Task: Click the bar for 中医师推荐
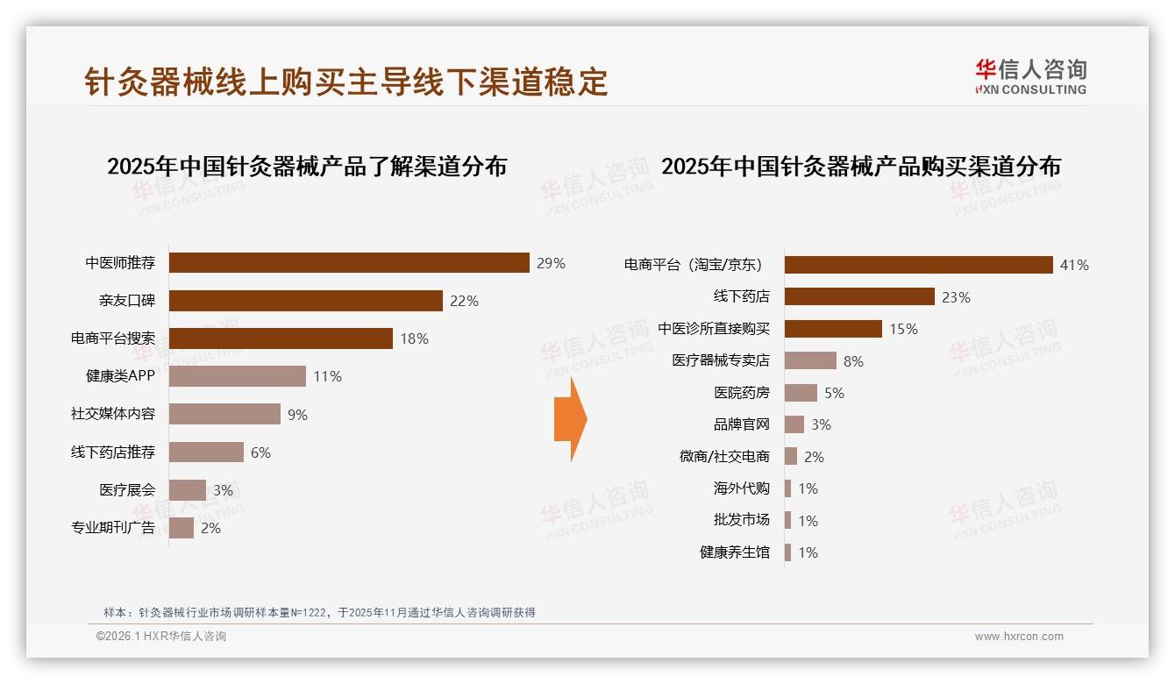pyautogui.click(x=349, y=263)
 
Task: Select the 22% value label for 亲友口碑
pyautogui.click(x=464, y=302)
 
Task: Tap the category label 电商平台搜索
pyautogui.click(x=113, y=338)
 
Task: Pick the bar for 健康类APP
pyautogui.click(x=237, y=376)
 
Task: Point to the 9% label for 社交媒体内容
pyautogui.click(x=298, y=415)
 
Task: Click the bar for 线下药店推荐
pyautogui.click(x=206, y=452)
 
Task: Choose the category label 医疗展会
pyautogui.click(x=127, y=490)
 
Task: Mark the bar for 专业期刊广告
pyautogui.click(x=182, y=528)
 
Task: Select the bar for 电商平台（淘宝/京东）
pyautogui.click(x=918, y=265)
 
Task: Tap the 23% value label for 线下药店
pyautogui.click(x=956, y=297)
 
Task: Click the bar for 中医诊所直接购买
pyautogui.click(x=833, y=329)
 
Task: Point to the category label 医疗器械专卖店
pyautogui.click(x=721, y=360)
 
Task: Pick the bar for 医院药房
pyautogui.click(x=801, y=393)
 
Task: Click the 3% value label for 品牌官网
pyautogui.click(x=821, y=425)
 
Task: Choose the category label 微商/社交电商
pyautogui.click(x=724, y=457)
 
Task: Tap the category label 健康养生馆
pyautogui.click(x=735, y=552)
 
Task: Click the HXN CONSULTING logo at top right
pyautogui.click(x=1030, y=77)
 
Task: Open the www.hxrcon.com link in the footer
pyautogui.click(x=1019, y=637)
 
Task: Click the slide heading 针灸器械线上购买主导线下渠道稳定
pyautogui.click(x=346, y=82)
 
